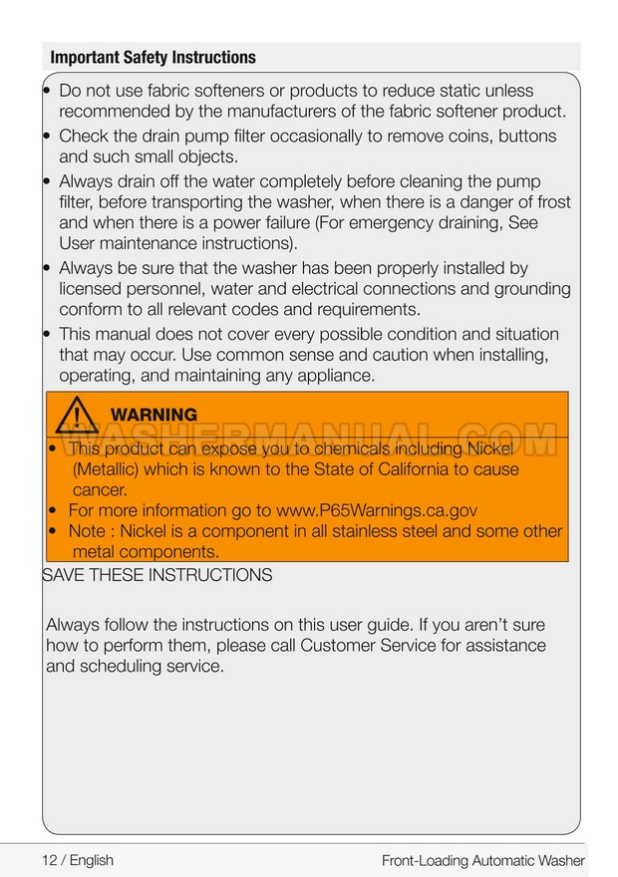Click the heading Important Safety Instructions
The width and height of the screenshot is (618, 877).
click(153, 57)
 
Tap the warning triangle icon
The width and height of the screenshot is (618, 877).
click(78, 415)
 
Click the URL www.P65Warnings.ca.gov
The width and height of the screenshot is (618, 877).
click(376, 510)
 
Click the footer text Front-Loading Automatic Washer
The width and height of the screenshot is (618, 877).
click(482, 860)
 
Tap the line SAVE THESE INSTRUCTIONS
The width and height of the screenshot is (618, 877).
click(157, 575)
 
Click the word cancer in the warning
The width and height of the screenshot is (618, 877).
click(100, 489)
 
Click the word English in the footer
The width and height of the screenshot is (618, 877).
click(91, 860)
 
